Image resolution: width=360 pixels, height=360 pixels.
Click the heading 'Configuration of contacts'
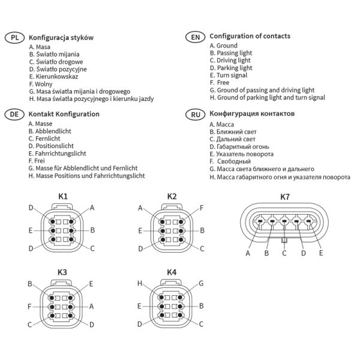coord(250,36)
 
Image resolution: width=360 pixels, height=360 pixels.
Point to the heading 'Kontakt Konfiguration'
coord(64,113)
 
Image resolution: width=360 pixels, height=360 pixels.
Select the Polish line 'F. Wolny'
coord(40,84)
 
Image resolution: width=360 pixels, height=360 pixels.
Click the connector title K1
coord(63,196)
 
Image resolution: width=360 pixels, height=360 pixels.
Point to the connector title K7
coord(285,197)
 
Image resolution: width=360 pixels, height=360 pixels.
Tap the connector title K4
coord(172,272)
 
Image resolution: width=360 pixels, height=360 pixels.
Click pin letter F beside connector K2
coord(202,208)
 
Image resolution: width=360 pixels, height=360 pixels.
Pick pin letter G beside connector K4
coord(202,283)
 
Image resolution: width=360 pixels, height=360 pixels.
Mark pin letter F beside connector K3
coord(29,306)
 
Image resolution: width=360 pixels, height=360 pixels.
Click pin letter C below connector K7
coord(284,253)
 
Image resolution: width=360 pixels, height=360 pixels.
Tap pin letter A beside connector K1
coord(92,208)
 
